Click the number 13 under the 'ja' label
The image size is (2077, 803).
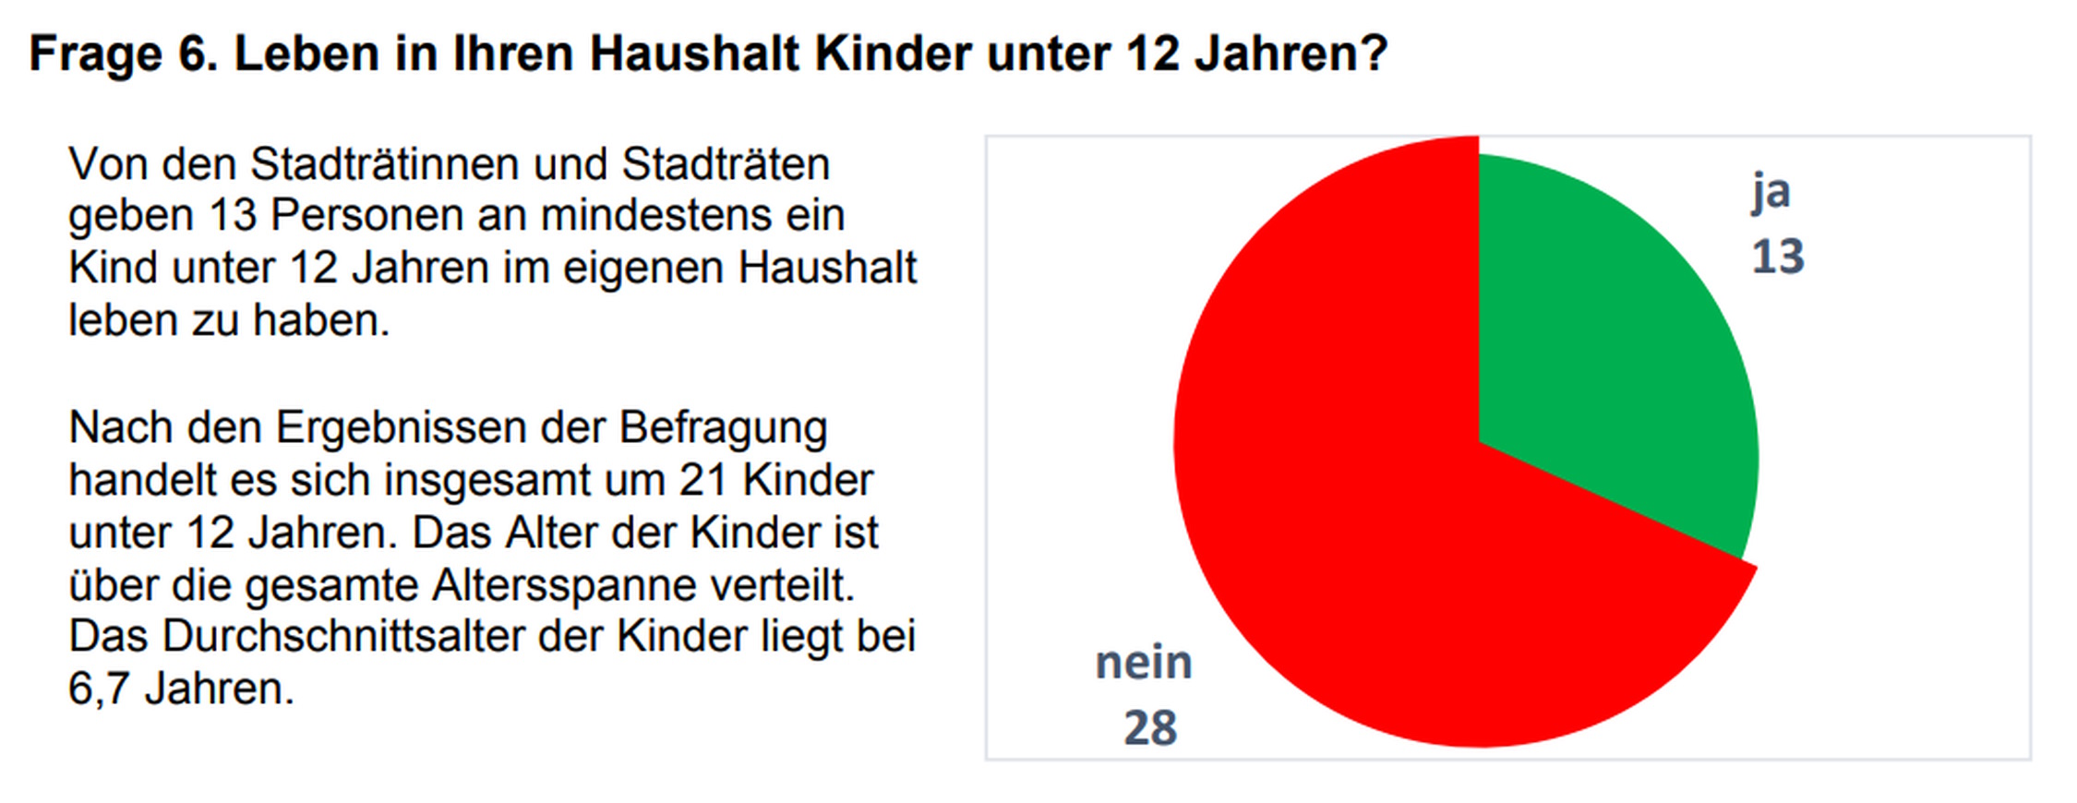click(1778, 257)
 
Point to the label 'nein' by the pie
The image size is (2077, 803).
click(1144, 663)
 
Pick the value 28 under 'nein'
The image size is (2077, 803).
click(1150, 727)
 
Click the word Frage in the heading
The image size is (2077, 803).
click(96, 54)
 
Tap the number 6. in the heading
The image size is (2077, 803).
click(198, 54)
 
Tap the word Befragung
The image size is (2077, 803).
click(723, 428)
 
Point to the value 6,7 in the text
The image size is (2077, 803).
click(99, 689)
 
